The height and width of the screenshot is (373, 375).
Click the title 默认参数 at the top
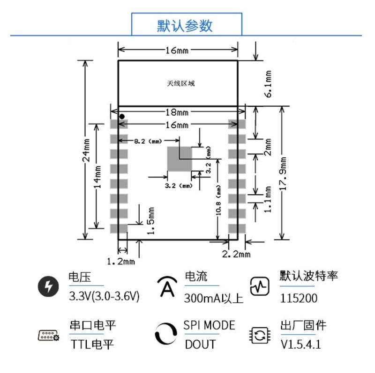187,25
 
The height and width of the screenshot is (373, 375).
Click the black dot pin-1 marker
122,116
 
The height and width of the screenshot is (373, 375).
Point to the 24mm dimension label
87,151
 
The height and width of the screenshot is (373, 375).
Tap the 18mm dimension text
177,112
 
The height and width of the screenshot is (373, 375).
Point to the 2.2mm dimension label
236,254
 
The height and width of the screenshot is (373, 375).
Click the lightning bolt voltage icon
49,286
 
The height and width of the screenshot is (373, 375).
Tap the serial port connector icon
48,335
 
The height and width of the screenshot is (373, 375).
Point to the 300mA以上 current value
214,298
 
